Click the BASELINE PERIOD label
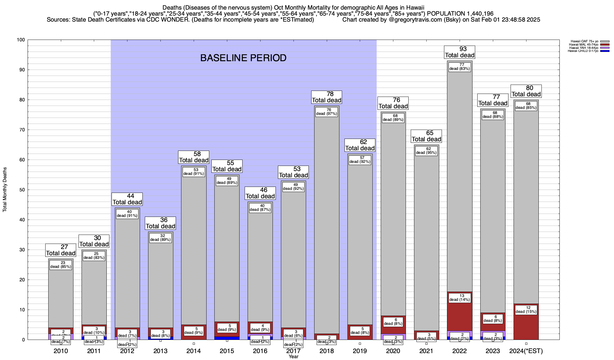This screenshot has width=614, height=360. (x=243, y=58)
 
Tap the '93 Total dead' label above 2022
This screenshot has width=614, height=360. (x=460, y=52)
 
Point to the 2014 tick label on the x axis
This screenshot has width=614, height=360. (x=194, y=351)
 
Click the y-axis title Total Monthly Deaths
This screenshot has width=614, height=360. (x=5, y=190)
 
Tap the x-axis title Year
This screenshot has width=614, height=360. (x=294, y=357)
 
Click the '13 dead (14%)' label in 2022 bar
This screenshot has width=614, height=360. (x=460, y=298)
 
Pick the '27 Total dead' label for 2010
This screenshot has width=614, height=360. (x=61, y=250)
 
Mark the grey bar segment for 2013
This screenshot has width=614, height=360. (x=160, y=285)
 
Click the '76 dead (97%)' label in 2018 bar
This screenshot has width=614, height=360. (x=327, y=112)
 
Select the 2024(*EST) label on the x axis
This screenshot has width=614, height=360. (x=526, y=351)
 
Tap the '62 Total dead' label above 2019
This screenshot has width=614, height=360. (x=360, y=145)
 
